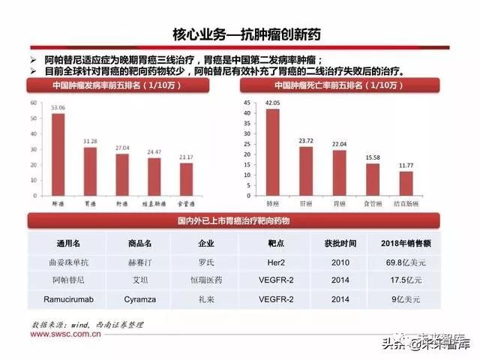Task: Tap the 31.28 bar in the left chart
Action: point(90,171)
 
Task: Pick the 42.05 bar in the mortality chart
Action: point(273,153)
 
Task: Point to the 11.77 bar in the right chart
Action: point(406,184)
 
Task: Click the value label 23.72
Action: point(306,140)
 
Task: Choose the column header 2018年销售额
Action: point(412,244)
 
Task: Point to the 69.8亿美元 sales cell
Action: point(412,263)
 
